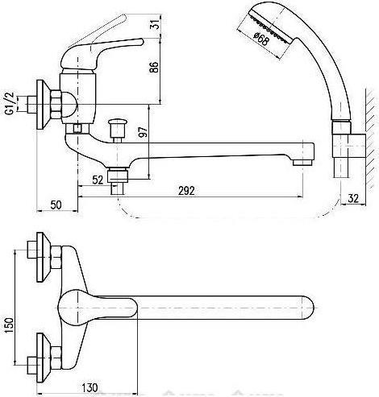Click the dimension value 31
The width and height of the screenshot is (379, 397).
156,25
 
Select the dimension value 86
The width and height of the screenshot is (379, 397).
154,67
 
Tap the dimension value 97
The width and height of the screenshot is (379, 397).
144,131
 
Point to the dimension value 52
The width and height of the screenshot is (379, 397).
98,180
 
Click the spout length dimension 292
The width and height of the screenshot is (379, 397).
186,191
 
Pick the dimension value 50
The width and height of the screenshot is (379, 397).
56,205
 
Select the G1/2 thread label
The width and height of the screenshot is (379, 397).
10,103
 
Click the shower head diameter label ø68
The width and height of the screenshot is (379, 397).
261,39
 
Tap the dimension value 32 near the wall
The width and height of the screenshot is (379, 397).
353,198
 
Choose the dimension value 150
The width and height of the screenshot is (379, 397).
9,325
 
